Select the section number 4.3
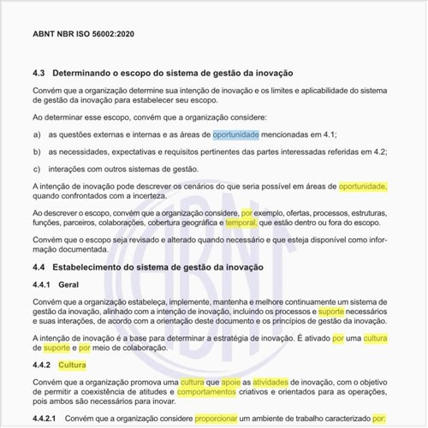[x=39, y=74]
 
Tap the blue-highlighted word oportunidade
[x=235, y=134]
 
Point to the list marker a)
[x=37, y=134]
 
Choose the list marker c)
[x=37, y=169]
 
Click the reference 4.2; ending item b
[x=378, y=152]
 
